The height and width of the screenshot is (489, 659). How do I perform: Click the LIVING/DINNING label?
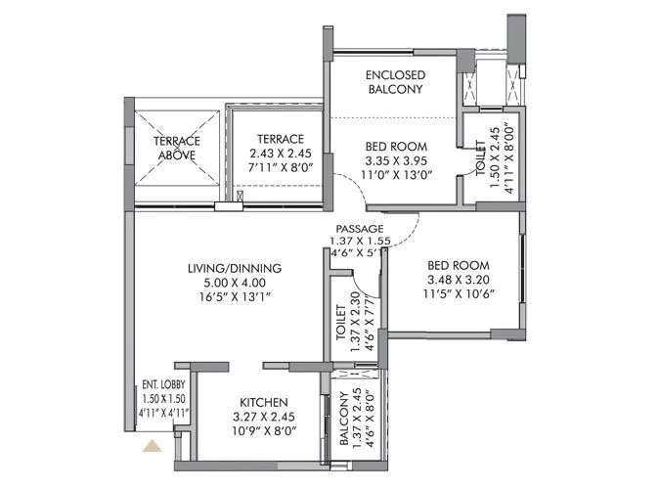(x=235, y=268)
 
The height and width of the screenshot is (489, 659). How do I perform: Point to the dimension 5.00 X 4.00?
(x=235, y=285)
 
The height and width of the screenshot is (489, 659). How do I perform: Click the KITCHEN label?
(x=264, y=402)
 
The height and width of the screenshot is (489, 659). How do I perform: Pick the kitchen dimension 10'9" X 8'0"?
(x=264, y=434)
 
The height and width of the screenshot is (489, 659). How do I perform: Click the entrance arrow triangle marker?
(x=153, y=448)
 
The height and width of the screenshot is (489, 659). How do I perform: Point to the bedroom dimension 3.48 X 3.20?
(x=458, y=280)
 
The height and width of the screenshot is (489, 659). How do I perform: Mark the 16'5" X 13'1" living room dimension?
(x=235, y=300)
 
